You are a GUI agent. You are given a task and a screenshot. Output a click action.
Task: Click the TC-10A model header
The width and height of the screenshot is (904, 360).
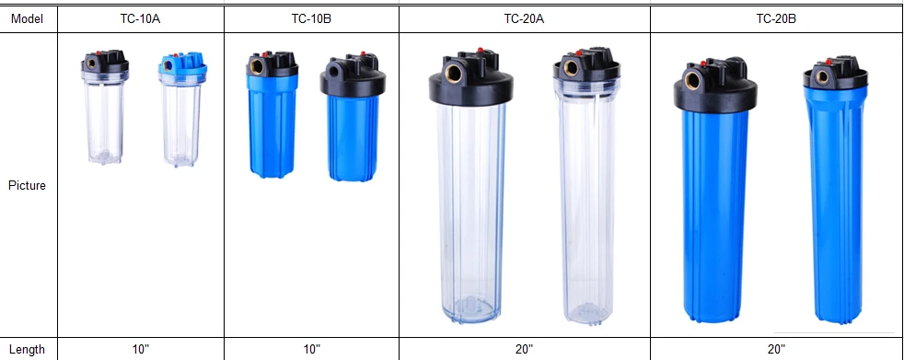pos(141,17)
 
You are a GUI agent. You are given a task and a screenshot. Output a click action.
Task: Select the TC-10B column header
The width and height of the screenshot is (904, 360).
pos(311,17)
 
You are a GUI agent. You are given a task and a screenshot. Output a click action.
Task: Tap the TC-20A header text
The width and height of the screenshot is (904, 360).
pos(524,17)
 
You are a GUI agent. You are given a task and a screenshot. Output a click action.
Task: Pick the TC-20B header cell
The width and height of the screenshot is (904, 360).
pos(776,17)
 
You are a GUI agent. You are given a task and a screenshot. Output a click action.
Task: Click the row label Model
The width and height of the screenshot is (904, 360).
pos(28,17)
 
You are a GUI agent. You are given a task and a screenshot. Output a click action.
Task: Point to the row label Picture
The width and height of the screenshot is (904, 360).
pos(28,185)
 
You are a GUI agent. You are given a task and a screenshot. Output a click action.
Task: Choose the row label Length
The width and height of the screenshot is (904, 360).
pos(28,349)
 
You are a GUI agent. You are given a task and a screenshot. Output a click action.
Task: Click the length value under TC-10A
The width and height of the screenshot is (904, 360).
pos(141,349)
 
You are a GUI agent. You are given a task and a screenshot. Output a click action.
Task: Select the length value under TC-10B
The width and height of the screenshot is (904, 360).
pos(311,349)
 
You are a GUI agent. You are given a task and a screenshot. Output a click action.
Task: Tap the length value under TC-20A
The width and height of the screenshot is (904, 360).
pos(524,349)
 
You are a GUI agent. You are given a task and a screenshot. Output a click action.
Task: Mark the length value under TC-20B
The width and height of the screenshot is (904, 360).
pos(776,349)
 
